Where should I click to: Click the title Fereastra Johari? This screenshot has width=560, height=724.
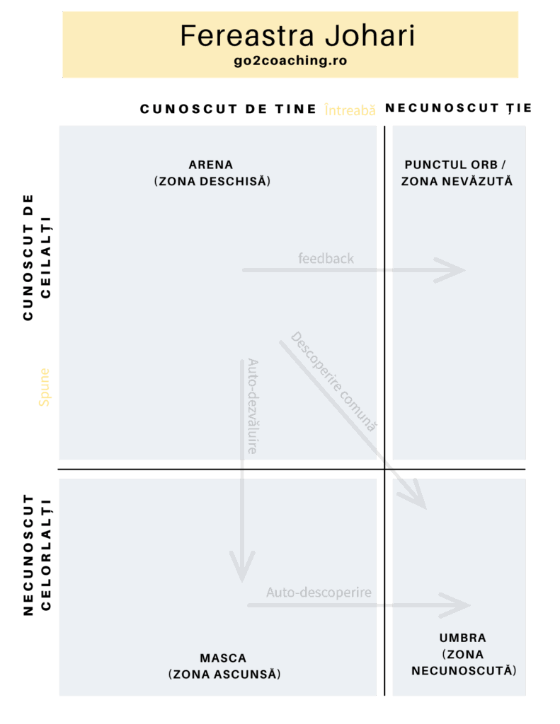[x=297, y=35]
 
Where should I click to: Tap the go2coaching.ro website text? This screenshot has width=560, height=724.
[x=290, y=61]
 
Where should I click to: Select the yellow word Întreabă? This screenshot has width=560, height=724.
[x=350, y=110]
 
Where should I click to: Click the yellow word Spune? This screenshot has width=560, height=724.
[x=45, y=387]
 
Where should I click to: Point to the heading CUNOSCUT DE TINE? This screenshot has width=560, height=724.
[x=228, y=109]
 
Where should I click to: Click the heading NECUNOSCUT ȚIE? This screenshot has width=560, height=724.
[x=458, y=108]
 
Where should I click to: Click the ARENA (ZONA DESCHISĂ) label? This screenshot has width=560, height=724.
[x=212, y=173]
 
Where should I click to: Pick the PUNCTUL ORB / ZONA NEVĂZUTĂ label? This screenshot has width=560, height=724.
[x=457, y=173]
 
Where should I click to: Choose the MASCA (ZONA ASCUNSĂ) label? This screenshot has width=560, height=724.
[x=224, y=666]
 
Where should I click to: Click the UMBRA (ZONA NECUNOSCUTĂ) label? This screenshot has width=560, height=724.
[x=463, y=654]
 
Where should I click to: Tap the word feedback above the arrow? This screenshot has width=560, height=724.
[x=326, y=258]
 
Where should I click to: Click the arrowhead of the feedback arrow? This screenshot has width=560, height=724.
[x=453, y=270]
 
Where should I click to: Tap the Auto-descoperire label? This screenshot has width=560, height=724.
[x=319, y=592]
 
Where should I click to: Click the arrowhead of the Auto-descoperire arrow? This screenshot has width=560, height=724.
[x=459, y=605]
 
